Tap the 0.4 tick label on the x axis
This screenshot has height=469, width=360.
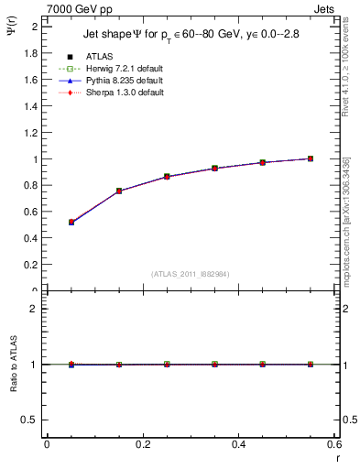[x=238, y=444]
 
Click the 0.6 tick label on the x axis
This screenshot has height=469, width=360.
[x=334, y=444]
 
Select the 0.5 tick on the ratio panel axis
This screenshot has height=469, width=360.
[x=29, y=420]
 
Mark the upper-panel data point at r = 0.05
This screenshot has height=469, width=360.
[x=71, y=223]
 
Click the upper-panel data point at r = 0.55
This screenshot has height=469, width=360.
[x=311, y=158]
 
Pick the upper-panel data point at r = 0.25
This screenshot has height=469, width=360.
[x=167, y=177]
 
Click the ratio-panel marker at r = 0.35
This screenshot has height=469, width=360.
[x=214, y=365]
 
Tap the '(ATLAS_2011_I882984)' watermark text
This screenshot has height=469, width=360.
[x=191, y=273]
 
